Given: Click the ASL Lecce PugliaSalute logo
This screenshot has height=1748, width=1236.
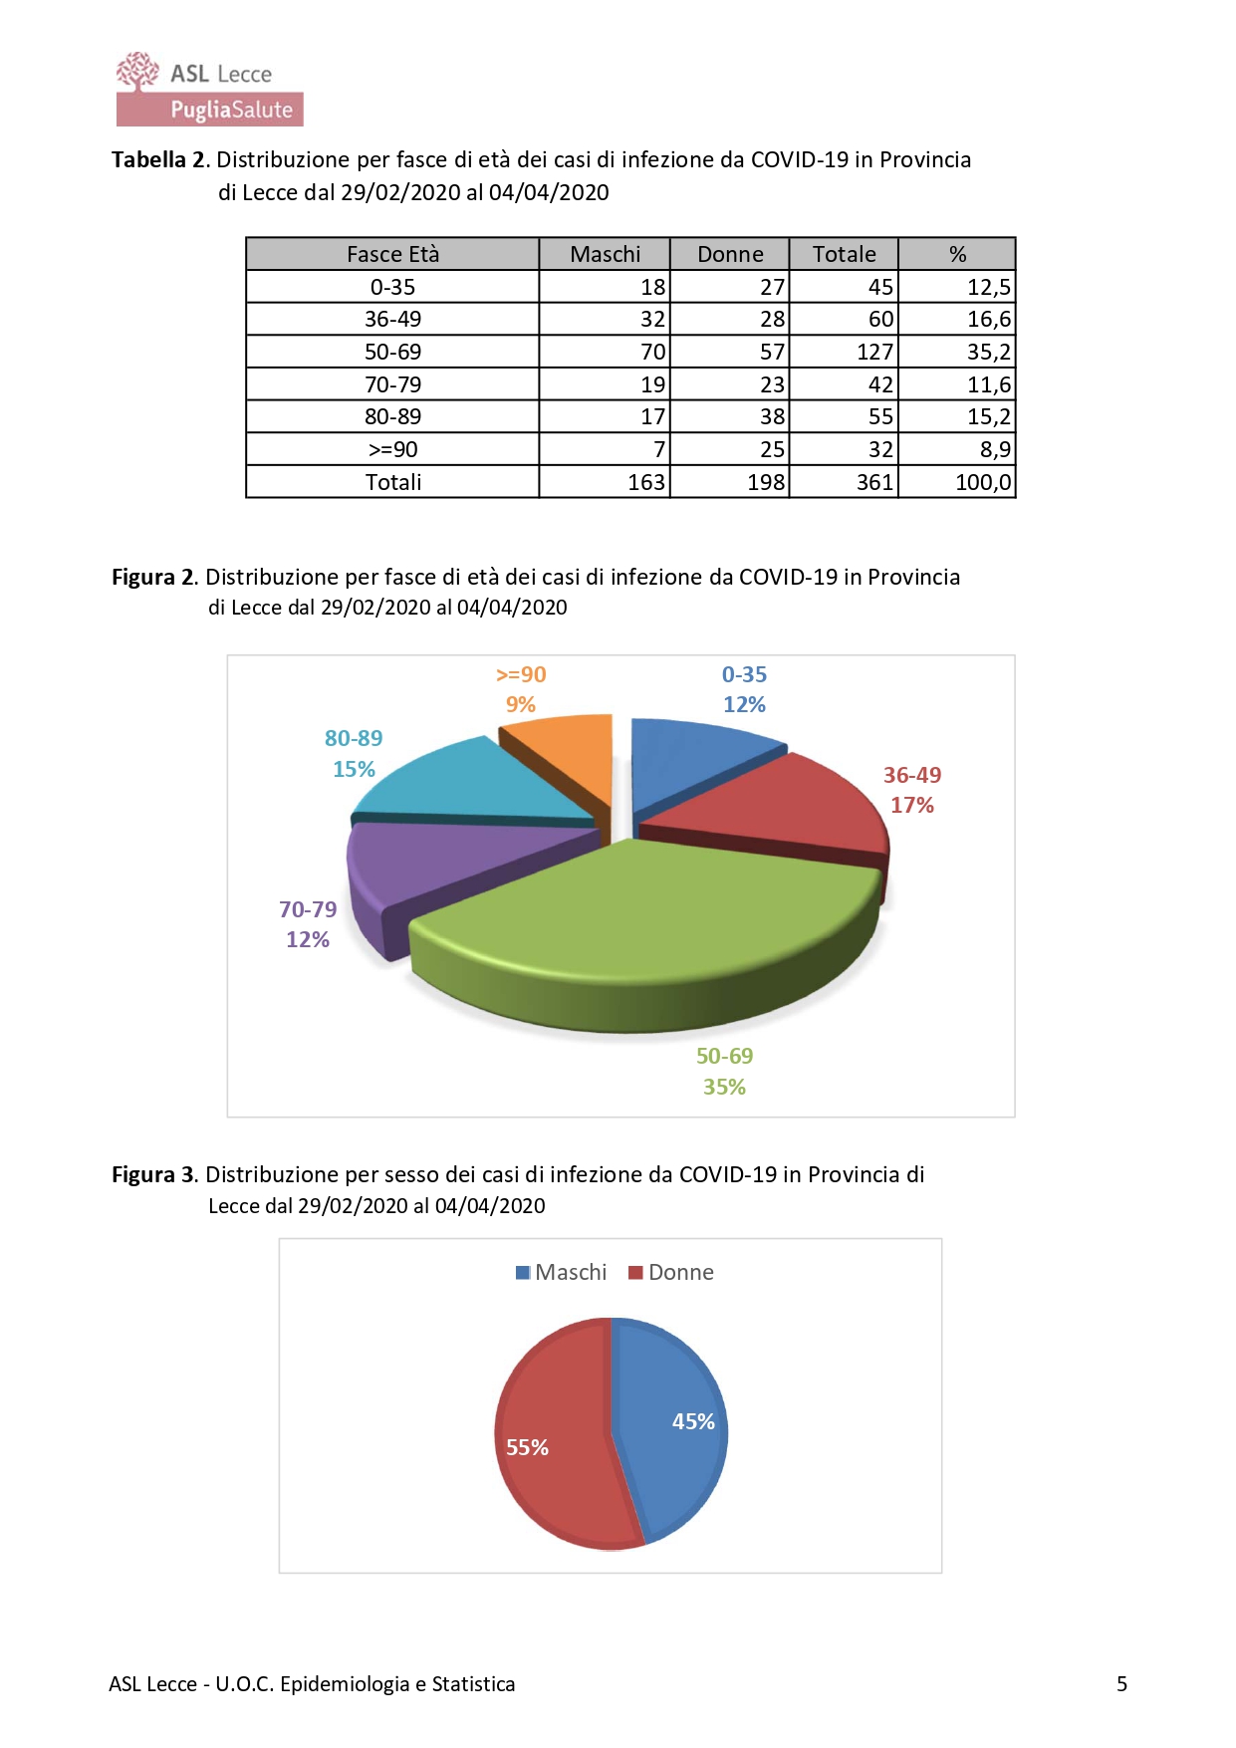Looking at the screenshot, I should click(x=209, y=90).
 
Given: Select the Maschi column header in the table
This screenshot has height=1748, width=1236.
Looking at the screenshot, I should click(x=605, y=254).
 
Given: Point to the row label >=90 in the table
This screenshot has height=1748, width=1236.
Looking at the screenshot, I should click(x=392, y=449).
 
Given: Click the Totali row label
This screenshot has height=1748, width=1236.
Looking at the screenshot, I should click(x=392, y=482).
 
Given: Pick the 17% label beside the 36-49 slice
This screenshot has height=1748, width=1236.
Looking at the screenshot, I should click(x=911, y=805).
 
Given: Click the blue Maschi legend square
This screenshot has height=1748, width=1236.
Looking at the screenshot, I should click(x=523, y=1272).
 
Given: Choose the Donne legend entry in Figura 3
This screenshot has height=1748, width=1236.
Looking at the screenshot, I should click(x=671, y=1272).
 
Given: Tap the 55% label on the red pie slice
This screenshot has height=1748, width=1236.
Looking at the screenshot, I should click(x=527, y=1447).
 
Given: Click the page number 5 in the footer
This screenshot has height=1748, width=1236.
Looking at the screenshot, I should click(x=1121, y=1683).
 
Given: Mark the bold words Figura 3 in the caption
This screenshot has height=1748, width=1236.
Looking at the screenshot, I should click(x=153, y=1174).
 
